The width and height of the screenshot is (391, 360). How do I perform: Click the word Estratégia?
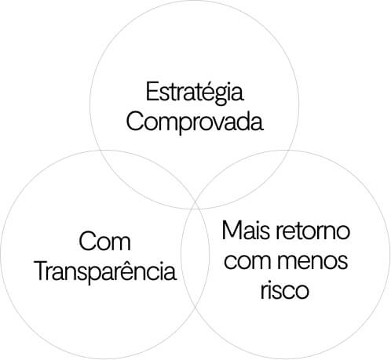[x=195, y=93]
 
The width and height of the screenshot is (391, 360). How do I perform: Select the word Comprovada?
[x=195, y=122]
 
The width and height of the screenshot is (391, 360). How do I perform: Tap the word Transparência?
[x=105, y=271]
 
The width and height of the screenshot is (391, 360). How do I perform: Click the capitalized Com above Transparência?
[x=104, y=241]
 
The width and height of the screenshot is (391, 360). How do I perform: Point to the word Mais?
[x=246, y=230]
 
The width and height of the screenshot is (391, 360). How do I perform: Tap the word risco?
[x=285, y=289]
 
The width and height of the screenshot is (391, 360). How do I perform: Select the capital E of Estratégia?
[x=152, y=92]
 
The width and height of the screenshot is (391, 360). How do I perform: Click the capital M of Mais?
[x=232, y=230]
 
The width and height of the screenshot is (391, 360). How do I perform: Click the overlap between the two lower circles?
[x=195, y=255]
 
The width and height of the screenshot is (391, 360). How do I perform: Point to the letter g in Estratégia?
[x=221, y=96]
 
